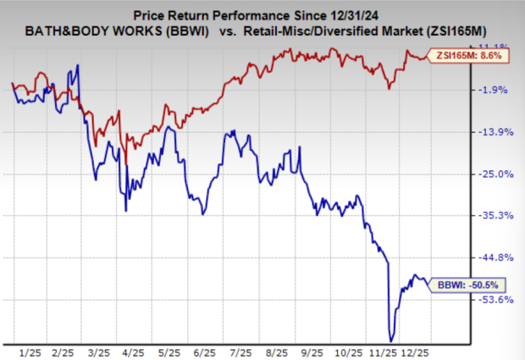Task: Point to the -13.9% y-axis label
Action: (x=495, y=132)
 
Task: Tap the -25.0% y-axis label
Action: (x=495, y=174)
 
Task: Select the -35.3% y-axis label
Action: (x=495, y=216)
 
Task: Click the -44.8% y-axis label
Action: (x=495, y=258)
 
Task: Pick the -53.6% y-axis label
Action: (x=495, y=299)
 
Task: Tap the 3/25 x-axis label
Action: (x=99, y=349)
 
